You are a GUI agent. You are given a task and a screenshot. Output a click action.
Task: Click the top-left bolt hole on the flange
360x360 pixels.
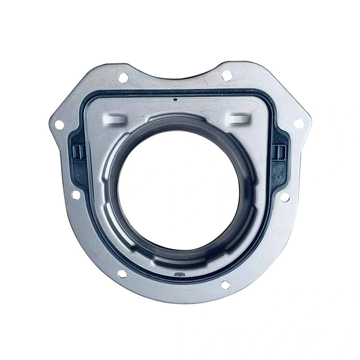click(x=122, y=77)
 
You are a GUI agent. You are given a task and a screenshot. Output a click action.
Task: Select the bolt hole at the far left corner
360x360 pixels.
click(x=59, y=125)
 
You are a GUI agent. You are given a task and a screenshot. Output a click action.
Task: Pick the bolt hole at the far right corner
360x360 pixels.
click(x=298, y=123)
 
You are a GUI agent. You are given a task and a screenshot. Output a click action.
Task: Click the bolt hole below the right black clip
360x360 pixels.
click(x=284, y=197)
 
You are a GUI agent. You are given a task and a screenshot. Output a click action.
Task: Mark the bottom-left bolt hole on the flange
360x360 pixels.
click(x=121, y=274)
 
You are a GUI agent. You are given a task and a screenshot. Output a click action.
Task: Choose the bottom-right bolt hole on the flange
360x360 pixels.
click(x=225, y=284)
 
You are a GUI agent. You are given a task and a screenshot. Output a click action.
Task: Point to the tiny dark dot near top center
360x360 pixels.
click(x=175, y=100)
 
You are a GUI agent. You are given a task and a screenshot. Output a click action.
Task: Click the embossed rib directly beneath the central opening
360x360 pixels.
click(x=179, y=260)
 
